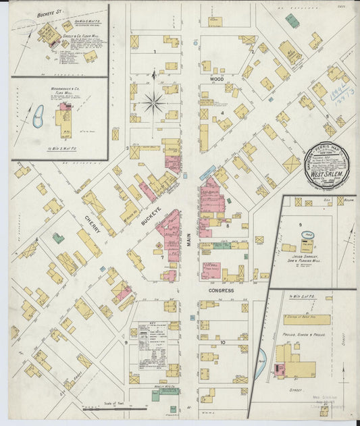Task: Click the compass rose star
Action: coord(154,103)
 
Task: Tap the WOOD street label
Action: coord(216,80)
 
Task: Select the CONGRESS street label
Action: coord(222,290)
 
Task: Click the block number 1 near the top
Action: coord(154,52)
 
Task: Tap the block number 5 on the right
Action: coord(327,116)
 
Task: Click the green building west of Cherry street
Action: coord(59,238)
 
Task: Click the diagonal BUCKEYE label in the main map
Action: coord(150,217)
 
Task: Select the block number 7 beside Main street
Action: coord(162,257)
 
